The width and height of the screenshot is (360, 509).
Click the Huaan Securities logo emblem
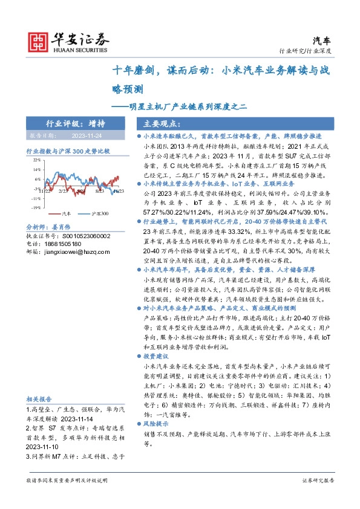pos(39,41)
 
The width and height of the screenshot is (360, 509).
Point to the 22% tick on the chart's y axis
pos(37,160)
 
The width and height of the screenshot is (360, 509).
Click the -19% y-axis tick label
pos(36,207)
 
